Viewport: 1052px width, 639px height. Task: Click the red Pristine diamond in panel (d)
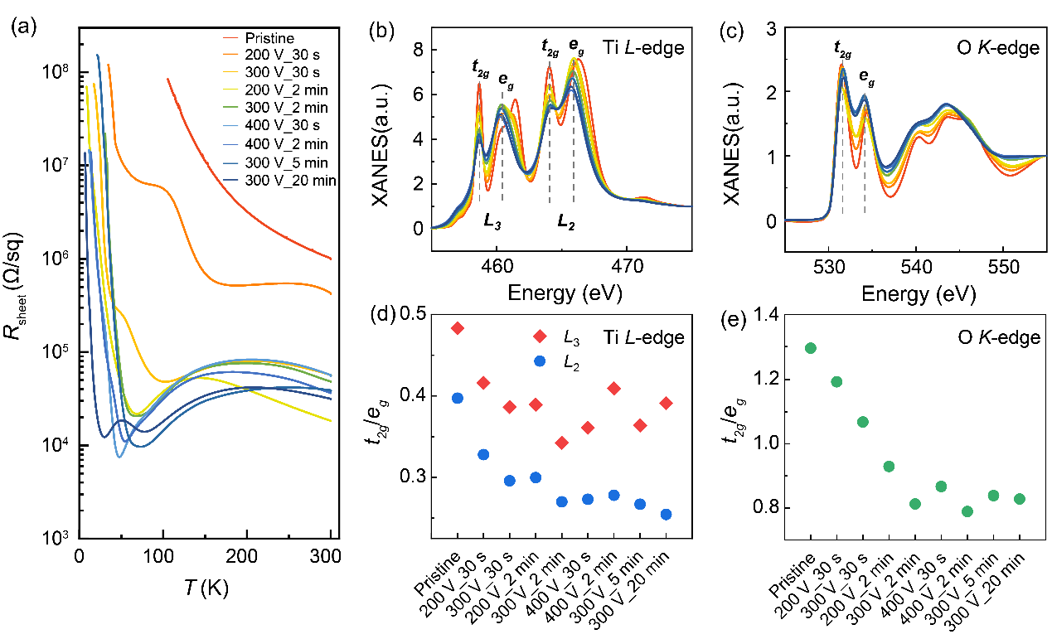(458, 328)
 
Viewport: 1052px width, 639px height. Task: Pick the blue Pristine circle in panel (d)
(458, 398)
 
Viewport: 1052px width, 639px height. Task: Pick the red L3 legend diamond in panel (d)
(540, 336)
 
